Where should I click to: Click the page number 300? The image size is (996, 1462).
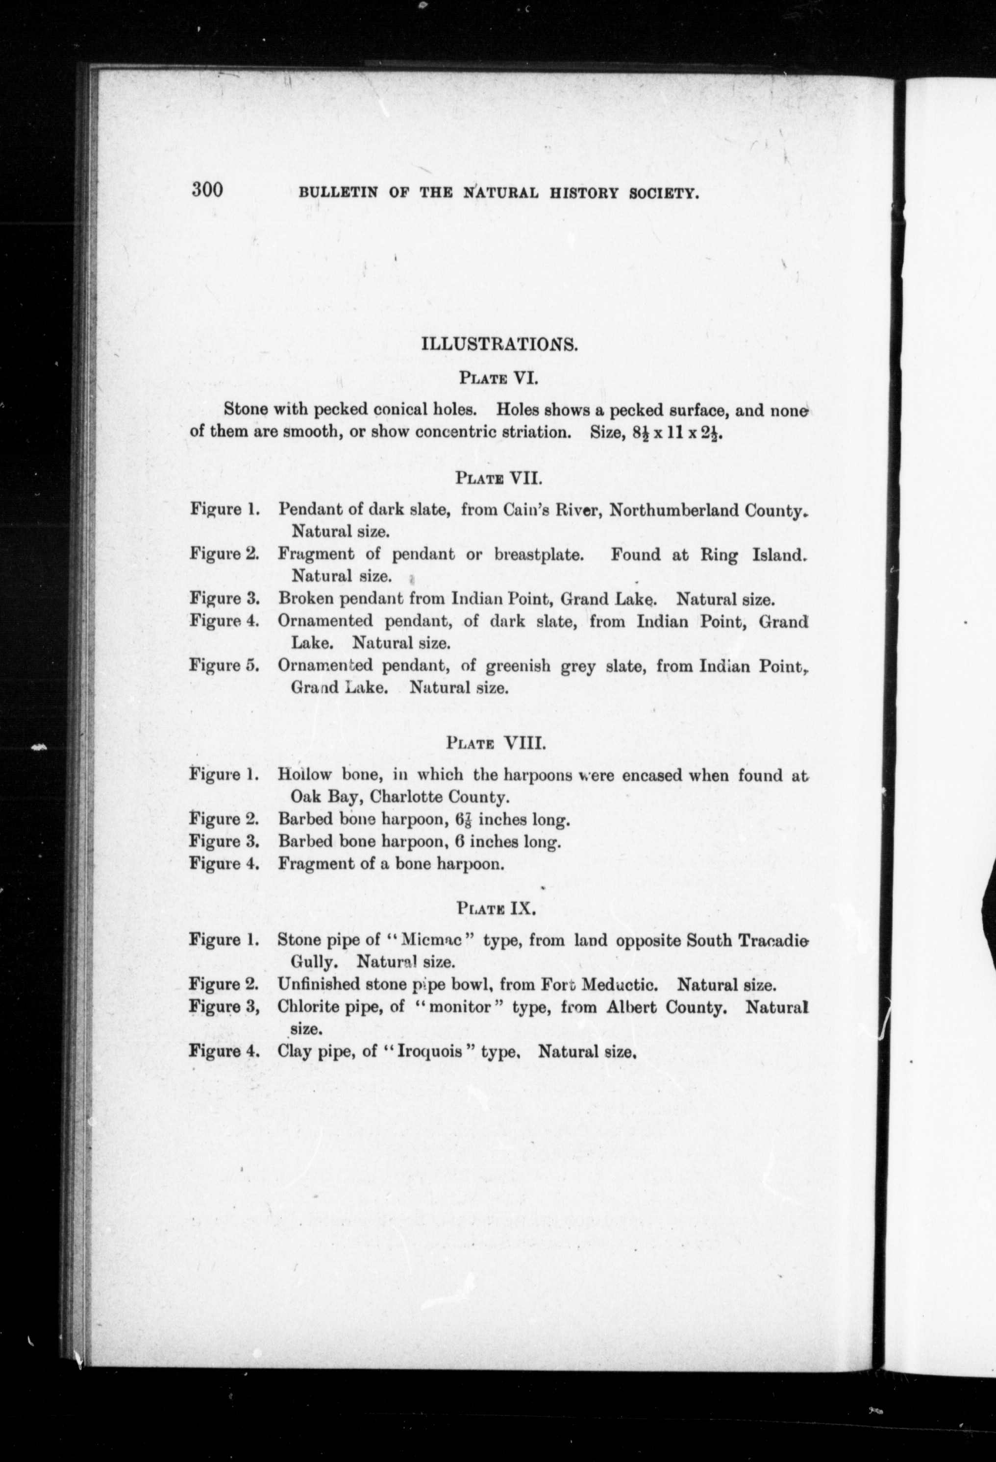pos(208,189)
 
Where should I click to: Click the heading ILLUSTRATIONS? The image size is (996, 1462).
pos(499,345)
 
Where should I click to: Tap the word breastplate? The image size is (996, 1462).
pos(540,555)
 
